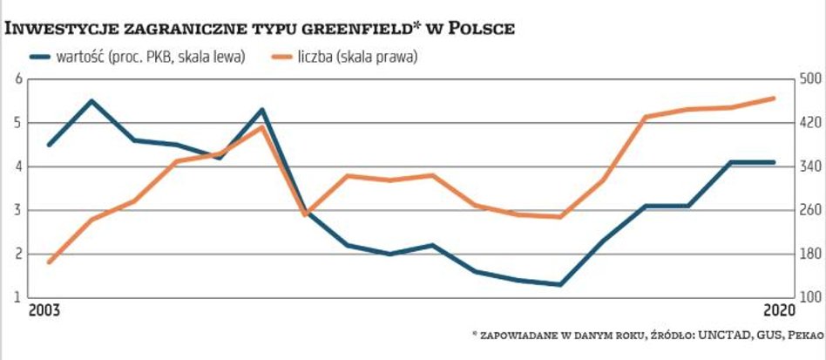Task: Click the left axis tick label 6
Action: pos(18,79)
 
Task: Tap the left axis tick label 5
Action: pos(18,123)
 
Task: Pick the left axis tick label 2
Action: pos(18,254)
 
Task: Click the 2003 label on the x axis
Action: pos(45,310)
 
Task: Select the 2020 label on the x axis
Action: pos(778,310)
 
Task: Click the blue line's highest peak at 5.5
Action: pos(92,101)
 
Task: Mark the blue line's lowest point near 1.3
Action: pos(561,284)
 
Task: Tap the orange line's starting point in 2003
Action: pos(50,262)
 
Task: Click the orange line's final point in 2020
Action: pos(775,98)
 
